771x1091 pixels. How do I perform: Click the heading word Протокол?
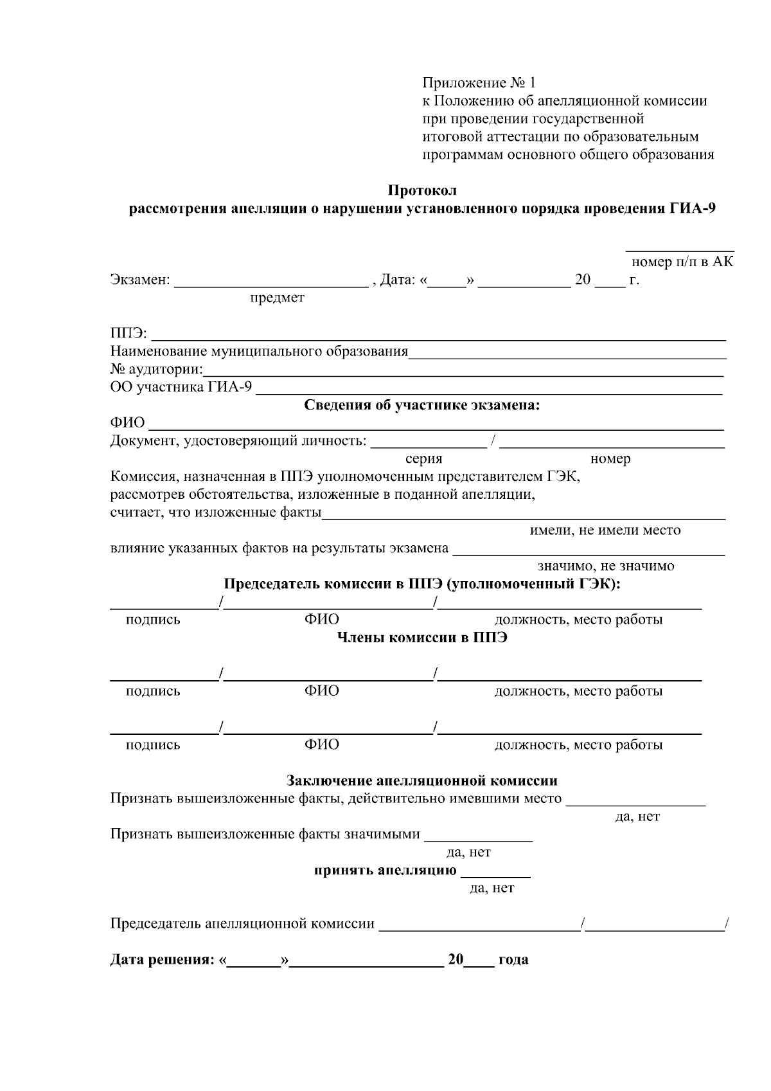point(422,190)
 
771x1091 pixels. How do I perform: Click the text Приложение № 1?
point(478,83)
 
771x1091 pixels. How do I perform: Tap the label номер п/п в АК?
point(682,262)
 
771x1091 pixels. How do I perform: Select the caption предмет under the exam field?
point(277,298)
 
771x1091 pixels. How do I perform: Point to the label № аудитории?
point(156,370)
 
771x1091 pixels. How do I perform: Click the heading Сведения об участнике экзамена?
point(422,405)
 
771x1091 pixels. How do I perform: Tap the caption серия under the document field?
point(424,459)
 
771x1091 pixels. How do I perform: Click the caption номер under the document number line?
point(610,459)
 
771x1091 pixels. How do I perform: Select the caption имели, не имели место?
point(605,530)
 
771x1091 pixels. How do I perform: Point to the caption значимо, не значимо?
point(606,566)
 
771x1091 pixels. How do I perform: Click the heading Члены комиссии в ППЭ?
point(422,638)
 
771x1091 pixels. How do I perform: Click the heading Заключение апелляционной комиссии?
point(421,781)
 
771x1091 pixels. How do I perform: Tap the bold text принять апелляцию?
point(385,871)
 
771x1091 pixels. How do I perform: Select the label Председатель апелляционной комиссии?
point(242,924)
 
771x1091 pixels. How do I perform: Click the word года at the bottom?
point(513,960)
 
